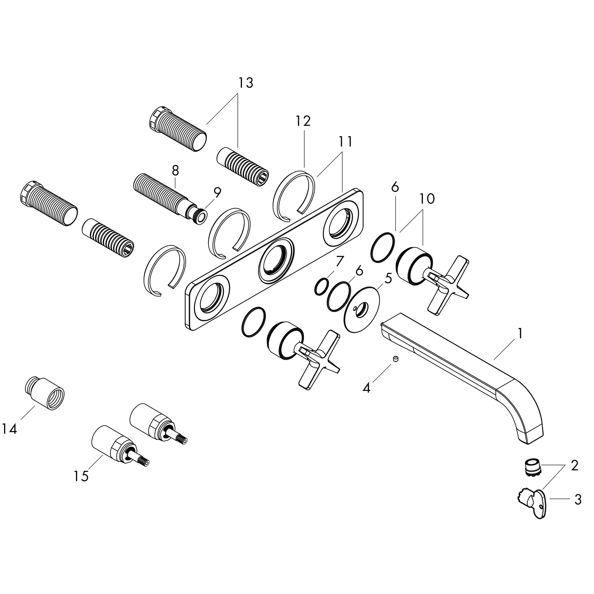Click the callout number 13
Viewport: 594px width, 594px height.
click(x=246, y=83)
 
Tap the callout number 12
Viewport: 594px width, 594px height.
click(x=303, y=121)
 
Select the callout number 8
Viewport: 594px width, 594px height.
click(x=175, y=171)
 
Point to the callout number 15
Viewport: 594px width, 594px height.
click(x=81, y=476)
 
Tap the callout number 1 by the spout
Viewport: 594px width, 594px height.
click(x=520, y=333)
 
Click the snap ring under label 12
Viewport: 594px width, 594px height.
click(x=294, y=196)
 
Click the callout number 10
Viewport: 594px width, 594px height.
click(x=427, y=199)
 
